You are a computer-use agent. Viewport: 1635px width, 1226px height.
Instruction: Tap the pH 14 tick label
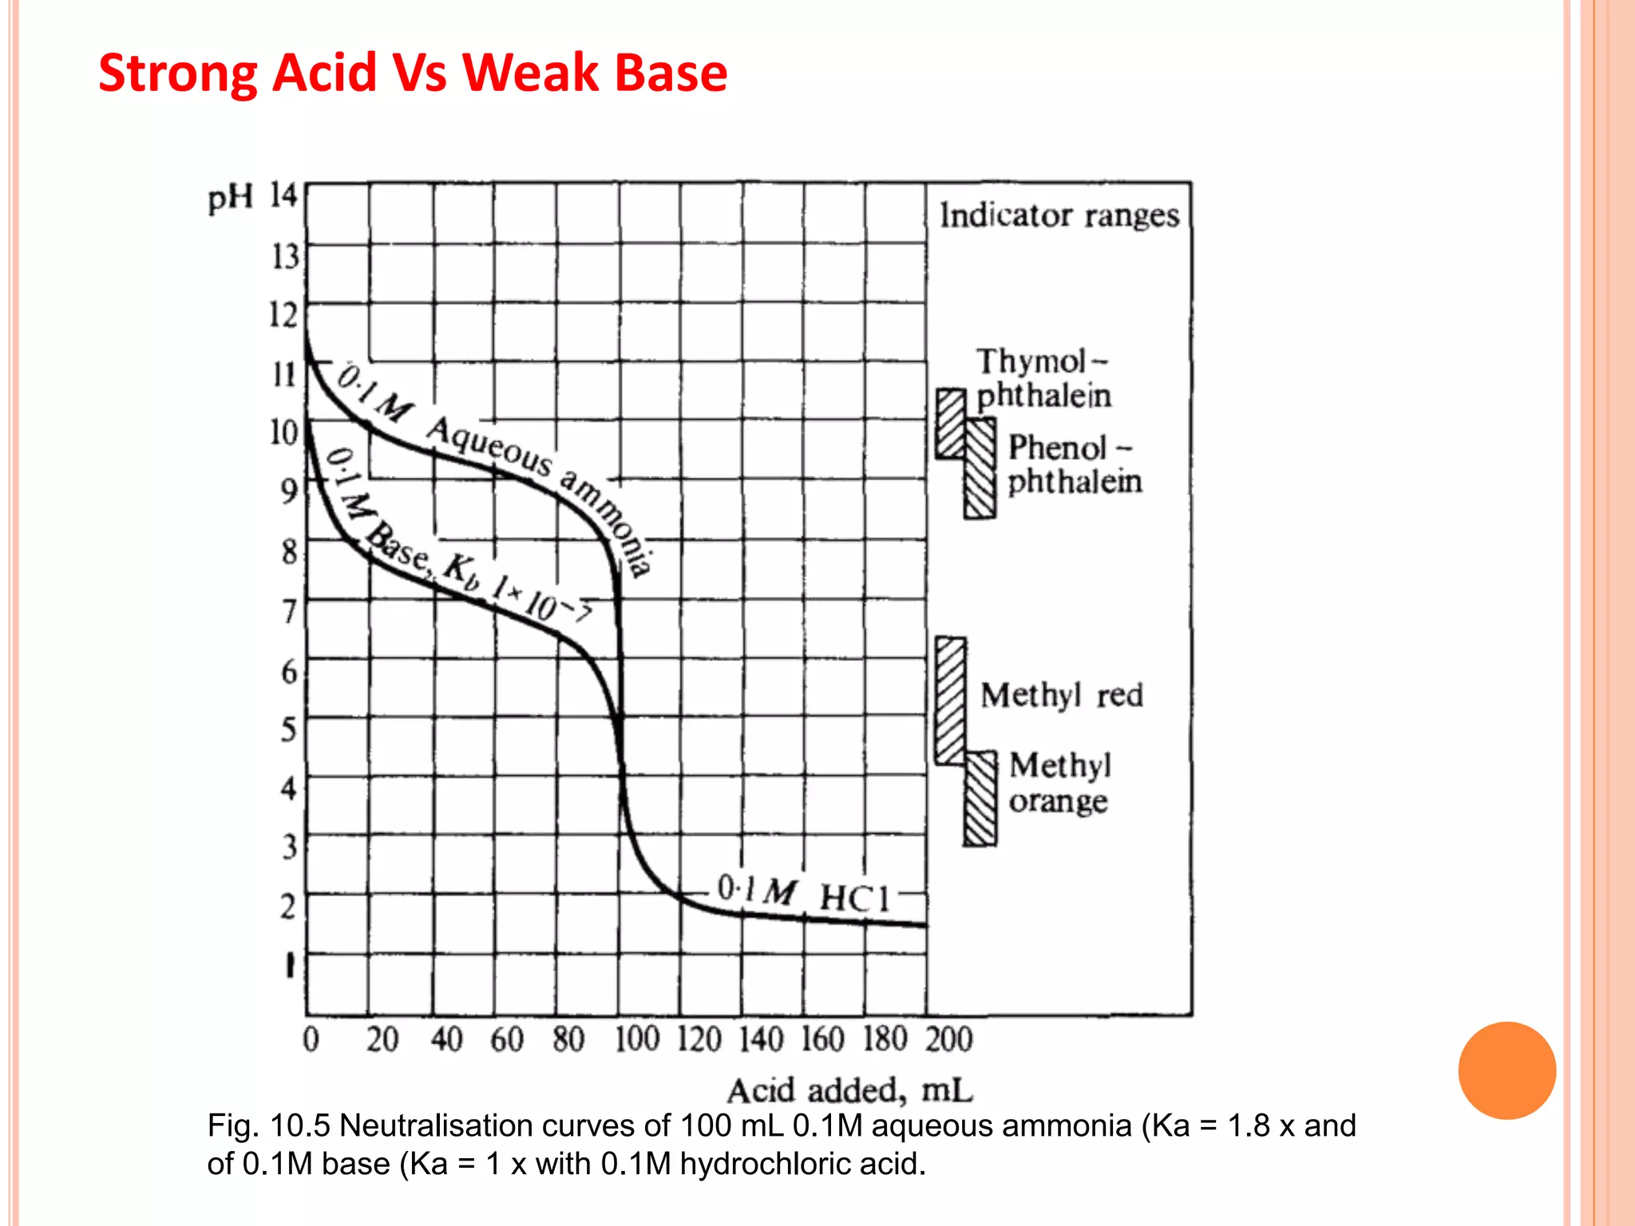point(283,196)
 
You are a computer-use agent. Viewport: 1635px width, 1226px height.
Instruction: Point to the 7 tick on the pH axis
point(289,611)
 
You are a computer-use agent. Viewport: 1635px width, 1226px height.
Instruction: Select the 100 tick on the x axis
point(636,1039)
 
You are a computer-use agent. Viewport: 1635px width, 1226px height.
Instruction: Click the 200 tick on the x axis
point(949,1039)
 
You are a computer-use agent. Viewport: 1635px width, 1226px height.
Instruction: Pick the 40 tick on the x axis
point(446,1039)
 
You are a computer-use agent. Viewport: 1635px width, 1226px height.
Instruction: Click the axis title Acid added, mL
point(849,1090)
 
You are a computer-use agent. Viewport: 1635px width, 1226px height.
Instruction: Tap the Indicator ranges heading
point(1059,216)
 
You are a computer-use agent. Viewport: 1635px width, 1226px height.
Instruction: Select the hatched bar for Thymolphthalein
point(950,424)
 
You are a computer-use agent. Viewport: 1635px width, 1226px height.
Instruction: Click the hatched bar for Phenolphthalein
point(980,469)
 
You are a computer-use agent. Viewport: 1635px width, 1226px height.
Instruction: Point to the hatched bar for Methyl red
point(950,701)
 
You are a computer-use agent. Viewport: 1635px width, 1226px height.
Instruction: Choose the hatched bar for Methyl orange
point(980,798)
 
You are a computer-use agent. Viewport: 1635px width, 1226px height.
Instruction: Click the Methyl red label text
point(1062,695)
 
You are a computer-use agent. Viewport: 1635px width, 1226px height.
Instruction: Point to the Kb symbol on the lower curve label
point(462,571)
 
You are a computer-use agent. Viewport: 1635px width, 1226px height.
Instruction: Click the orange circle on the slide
point(1506,1070)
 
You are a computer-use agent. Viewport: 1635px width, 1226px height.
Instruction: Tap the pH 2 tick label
point(288,907)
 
